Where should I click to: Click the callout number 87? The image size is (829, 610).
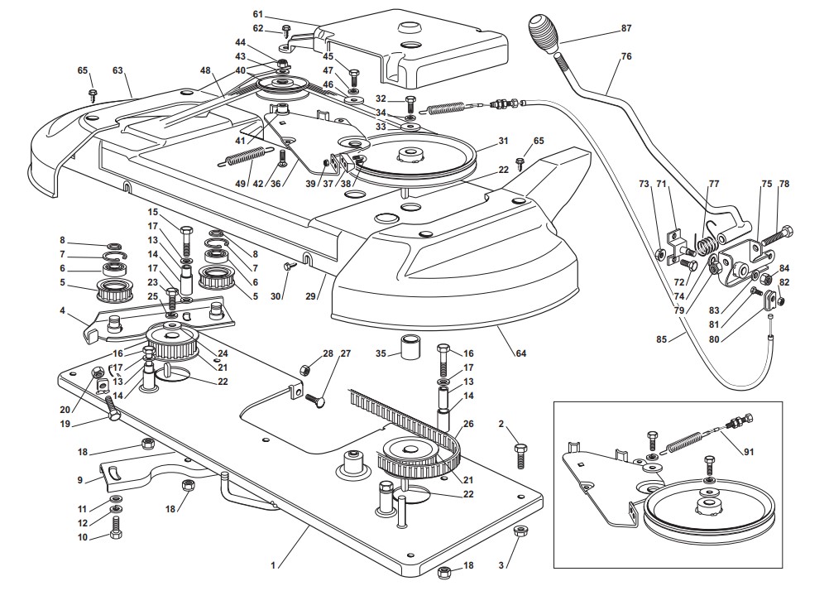point(625,28)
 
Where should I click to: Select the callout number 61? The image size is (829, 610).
point(257,14)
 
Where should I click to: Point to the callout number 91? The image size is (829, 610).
point(750,451)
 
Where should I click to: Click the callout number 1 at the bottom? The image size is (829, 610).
point(273,565)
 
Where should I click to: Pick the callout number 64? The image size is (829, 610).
point(521,355)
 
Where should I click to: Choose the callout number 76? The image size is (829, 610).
point(626,56)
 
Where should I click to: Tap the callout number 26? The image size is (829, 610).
point(469,425)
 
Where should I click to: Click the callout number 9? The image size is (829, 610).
point(79,479)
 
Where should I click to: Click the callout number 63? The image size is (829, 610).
point(128,71)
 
